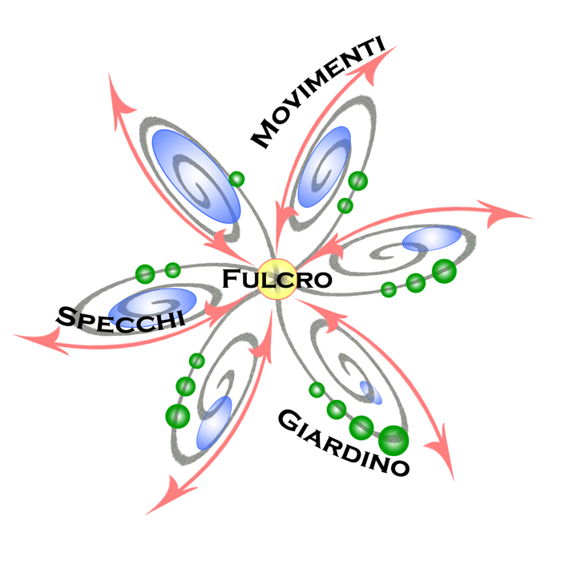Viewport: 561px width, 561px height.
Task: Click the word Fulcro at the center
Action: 276,280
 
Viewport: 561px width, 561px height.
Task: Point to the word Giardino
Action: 344,442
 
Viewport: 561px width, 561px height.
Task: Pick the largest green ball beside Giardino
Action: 393,439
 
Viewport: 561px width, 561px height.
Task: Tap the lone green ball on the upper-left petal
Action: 236,179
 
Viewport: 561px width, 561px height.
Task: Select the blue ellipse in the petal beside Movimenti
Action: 324,166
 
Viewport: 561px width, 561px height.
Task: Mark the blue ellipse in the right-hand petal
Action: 432,238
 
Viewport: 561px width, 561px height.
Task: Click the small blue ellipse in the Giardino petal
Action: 369,391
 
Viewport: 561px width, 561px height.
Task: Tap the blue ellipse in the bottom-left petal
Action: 214,422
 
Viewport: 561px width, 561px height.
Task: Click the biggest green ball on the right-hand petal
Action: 443,271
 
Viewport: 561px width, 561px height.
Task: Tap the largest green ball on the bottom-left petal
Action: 177,415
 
